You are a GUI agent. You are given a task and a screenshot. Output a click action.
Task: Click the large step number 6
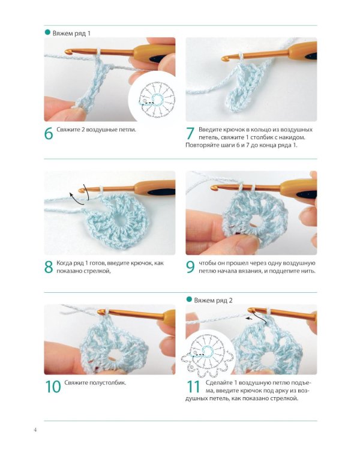pos(49,133)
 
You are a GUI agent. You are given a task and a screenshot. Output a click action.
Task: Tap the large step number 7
pos(190,133)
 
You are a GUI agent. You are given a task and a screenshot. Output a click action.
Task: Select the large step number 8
pos(49,267)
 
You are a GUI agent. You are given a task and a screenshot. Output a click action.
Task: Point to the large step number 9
pos(190,267)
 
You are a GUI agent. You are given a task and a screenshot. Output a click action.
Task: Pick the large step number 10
pos(53,386)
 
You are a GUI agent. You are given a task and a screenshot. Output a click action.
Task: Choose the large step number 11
pos(193,386)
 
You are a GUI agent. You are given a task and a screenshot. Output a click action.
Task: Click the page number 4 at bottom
pos(35,430)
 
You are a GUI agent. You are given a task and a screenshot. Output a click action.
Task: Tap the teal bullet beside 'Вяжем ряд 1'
pos(47,32)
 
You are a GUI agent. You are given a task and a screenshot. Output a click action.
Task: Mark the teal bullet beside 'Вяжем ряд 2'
pos(189,299)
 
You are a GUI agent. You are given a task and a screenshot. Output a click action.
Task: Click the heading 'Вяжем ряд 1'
pos(71,33)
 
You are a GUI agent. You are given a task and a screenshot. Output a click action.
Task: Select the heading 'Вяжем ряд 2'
pos(214,301)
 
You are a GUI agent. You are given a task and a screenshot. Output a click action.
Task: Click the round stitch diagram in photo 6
pos(157,99)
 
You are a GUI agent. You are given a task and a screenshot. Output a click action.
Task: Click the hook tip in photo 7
pos(224,59)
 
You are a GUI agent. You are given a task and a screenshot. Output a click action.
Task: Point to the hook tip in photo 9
pos(214,188)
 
